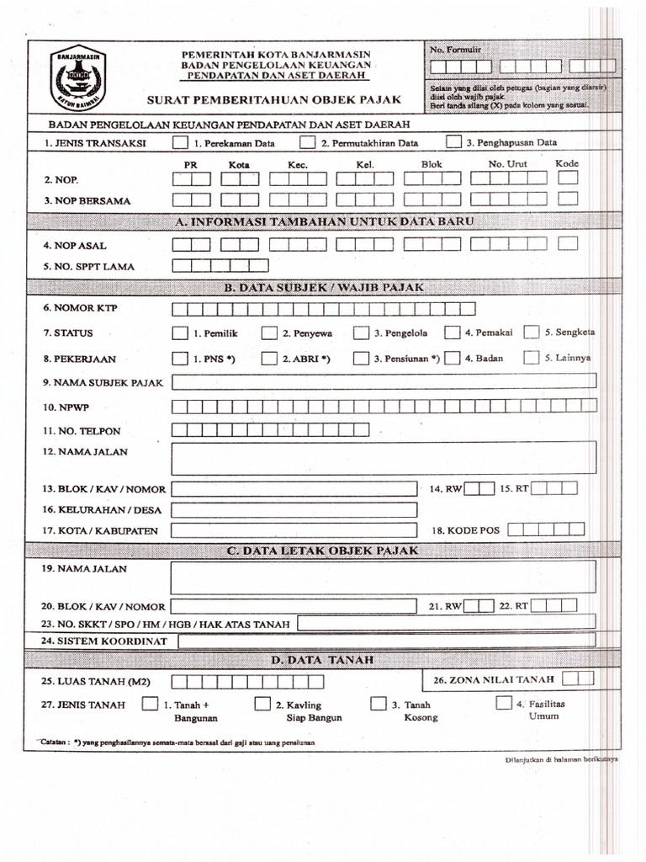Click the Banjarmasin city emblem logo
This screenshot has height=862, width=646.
point(77,80)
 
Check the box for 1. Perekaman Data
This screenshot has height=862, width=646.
point(180,142)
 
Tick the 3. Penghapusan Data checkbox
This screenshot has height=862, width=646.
point(453,142)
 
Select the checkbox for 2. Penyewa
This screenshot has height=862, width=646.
point(268,333)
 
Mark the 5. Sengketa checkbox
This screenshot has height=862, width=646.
point(531,332)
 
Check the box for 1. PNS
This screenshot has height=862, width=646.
point(180,358)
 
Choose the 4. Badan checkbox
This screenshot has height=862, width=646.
point(453,358)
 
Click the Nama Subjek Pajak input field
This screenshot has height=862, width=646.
point(384,382)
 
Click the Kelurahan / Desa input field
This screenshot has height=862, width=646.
point(294,510)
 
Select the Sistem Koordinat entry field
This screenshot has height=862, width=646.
point(387,641)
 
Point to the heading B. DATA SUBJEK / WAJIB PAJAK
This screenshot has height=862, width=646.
point(324,287)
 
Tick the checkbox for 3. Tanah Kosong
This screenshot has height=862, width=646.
point(378,703)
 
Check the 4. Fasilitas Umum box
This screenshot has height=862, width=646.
point(503,703)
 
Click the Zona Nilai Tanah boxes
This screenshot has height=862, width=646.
point(579,678)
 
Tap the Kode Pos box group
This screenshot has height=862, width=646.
point(545,529)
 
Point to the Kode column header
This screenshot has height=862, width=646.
point(567,163)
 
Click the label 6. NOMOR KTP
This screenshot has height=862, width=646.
point(81,308)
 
